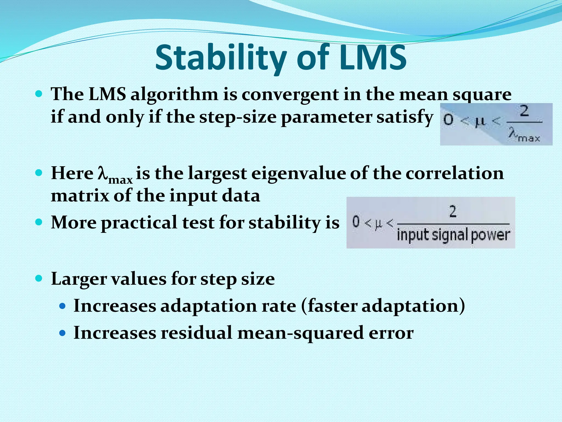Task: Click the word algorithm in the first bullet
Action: tap(174, 94)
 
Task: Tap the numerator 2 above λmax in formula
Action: tap(524, 112)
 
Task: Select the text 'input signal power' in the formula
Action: tap(453, 235)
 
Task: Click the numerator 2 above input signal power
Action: tap(453, 212)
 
